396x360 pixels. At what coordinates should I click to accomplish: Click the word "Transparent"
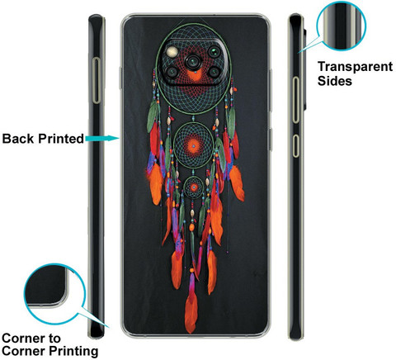(355, 67)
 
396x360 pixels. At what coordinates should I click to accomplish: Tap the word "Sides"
(335, 81)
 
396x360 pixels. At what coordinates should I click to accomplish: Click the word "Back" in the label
(19, 139)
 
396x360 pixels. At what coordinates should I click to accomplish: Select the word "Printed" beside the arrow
(61, 139)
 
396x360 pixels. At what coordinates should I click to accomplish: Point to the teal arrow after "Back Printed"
(102, 138)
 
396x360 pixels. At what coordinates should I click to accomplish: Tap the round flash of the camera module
(173, 51)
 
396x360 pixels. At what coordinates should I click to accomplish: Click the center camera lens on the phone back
(194, 62)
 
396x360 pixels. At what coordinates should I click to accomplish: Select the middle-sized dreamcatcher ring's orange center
(193, 145)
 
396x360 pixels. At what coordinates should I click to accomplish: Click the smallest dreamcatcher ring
(194, 187)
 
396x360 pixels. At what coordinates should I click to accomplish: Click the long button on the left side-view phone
(97, 80)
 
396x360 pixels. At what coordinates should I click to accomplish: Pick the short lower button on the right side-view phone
(295, 146)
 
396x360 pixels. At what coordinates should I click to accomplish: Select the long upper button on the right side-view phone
(295, 100)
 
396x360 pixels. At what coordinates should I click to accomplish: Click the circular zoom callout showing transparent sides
(342, 26)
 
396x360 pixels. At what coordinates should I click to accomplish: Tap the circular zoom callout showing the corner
(54, 295)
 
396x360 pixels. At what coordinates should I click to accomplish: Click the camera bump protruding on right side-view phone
(305, 69)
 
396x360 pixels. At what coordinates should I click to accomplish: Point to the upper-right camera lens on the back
(214, 52)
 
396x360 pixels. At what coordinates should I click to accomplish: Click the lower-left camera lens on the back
(173, 72)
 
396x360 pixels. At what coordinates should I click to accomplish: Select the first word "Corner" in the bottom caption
(31, 339)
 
